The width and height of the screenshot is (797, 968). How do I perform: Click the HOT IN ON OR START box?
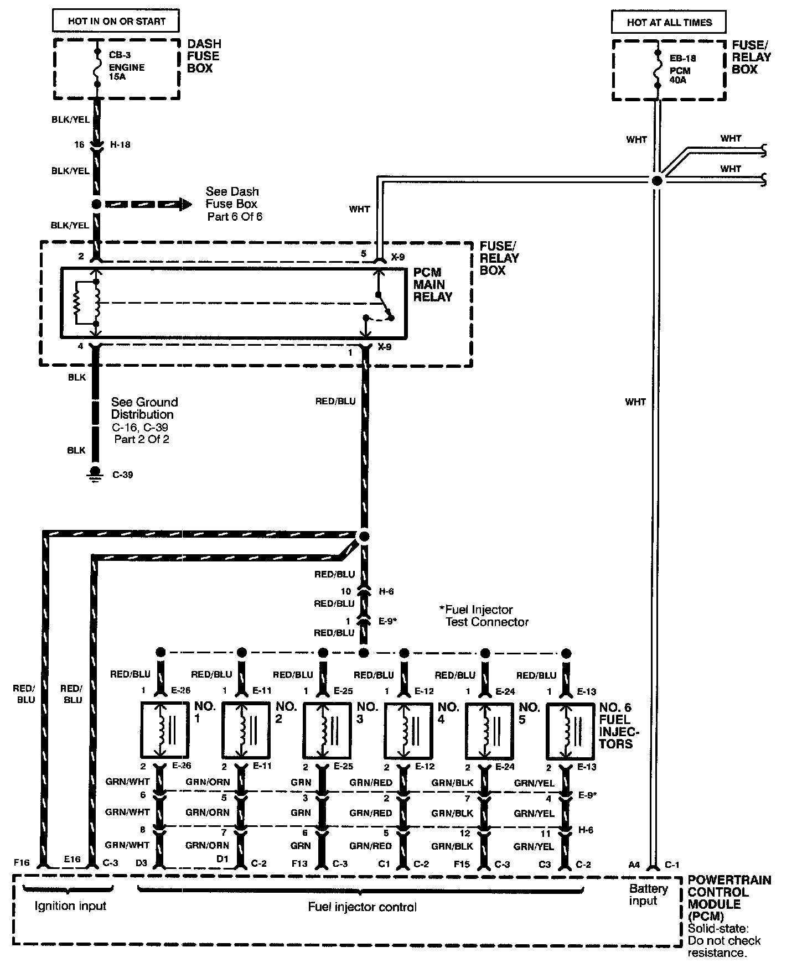116,22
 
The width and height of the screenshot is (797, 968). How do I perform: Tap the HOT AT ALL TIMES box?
669,22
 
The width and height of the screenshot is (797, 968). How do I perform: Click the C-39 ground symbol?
95,475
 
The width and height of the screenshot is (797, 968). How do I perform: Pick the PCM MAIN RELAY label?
433,285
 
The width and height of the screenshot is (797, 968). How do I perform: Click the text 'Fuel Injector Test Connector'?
484,616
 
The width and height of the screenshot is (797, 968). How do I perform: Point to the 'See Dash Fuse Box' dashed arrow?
143,204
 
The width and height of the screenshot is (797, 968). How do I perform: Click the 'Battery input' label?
648,894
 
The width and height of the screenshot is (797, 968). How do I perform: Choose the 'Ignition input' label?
70,905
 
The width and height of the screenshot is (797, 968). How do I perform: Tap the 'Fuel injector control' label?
363,907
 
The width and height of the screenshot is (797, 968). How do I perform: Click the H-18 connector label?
120,144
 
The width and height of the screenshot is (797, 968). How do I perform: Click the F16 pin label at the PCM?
22,862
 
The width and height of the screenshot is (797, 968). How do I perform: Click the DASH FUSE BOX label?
204,56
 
